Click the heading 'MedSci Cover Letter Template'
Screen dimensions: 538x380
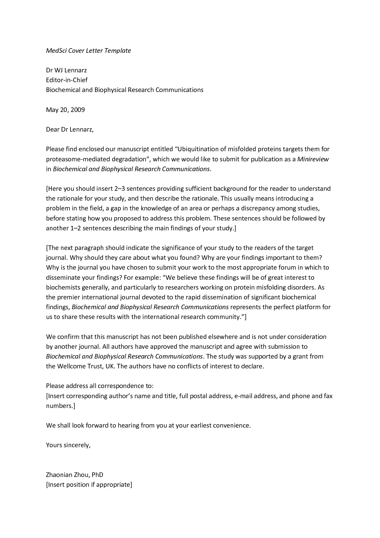88,51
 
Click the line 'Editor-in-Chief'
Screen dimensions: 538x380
66,80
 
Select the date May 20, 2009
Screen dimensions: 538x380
65,110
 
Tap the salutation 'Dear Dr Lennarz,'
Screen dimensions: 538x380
70,129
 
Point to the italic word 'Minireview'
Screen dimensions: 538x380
313,159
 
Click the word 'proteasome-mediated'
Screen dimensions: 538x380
74,159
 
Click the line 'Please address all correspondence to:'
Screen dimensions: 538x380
100,386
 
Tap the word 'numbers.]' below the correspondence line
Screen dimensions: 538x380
60,406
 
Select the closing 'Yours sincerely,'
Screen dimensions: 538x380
68,445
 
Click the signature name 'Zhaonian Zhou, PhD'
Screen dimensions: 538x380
74,475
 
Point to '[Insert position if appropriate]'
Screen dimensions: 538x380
89,485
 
